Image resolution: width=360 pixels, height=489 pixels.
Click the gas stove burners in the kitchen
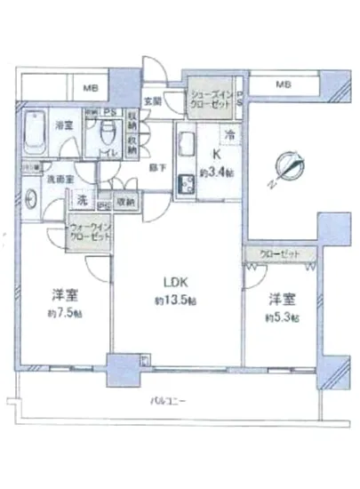(x=188, y=184)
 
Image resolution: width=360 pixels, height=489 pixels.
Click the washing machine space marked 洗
(x=82, y=198)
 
